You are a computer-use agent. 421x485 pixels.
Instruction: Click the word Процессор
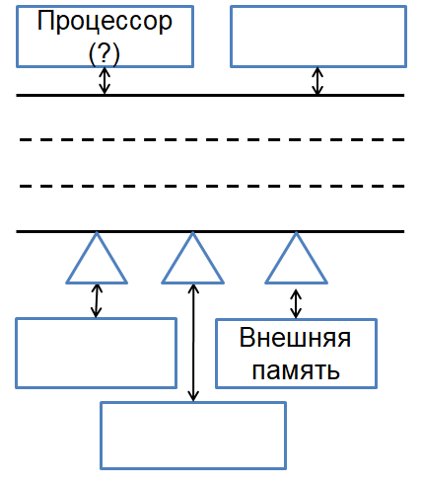pos(105,22)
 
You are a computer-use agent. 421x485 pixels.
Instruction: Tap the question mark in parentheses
pos(105,52)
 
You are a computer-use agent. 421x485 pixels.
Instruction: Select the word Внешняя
pos(295,338)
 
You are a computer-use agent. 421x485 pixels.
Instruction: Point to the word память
pos(296,370)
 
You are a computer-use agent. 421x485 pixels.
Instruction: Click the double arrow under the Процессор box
pos(105,81)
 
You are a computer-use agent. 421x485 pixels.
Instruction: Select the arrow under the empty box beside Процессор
pos(317,81)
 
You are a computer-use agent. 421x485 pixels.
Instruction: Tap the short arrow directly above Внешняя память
pos(296,303)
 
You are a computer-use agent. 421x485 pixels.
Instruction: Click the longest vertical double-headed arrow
pos(193,343)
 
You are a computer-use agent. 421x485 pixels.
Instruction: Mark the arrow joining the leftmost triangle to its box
pos(97,300)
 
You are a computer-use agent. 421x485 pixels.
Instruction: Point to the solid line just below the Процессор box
pos(210,95)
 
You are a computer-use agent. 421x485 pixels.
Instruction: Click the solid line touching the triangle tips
pos(210,231)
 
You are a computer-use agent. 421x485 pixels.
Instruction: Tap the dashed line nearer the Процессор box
pos(212,139)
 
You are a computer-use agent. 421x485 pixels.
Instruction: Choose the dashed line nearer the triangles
pos(212,186)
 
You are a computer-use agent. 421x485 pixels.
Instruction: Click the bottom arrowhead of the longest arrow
pos(193,397)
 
